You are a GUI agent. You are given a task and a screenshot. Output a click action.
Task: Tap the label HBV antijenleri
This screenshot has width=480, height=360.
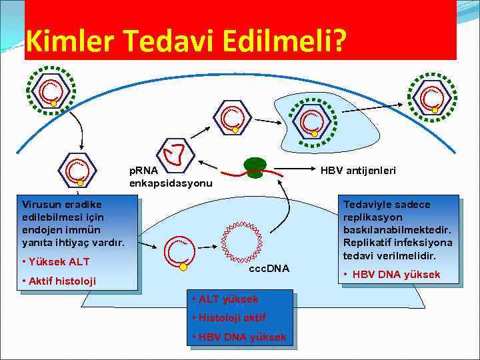358,171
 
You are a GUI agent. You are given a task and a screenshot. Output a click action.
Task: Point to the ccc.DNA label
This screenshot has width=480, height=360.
269,268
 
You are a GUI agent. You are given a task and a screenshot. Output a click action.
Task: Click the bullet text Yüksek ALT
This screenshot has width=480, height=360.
59,261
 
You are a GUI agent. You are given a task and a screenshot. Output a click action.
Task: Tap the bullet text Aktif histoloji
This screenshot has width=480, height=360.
62,281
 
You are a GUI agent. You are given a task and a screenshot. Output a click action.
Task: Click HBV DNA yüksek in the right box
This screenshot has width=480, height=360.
400,275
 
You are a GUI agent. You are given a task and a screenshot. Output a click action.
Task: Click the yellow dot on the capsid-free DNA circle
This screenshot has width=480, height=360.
183,267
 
